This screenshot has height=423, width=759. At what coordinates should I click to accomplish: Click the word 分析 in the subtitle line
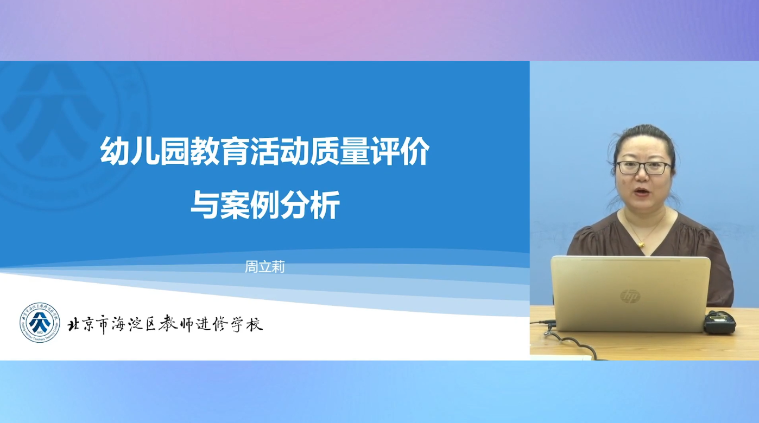[309, 204]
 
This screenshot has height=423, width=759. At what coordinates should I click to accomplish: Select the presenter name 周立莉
[264, 267]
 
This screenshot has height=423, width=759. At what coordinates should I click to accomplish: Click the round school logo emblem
[40, 323]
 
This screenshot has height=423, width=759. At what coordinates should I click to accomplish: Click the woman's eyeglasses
[643, 168]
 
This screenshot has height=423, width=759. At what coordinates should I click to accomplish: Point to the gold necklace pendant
[641, 243]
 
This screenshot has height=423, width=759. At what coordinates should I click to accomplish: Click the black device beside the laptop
[720, 323]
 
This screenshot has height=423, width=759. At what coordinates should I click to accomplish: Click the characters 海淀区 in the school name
[134, 324]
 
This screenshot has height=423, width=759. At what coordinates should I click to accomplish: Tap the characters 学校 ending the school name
[247, 324]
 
